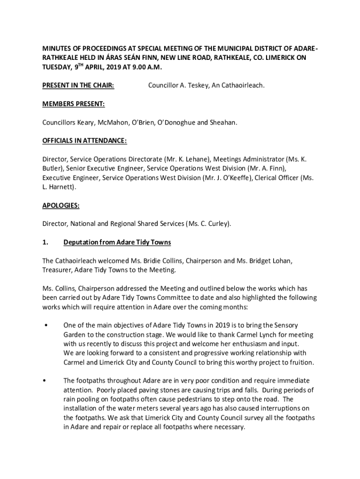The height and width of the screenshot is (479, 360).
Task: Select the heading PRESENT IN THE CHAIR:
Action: pyautogui.click(x=79, y=86)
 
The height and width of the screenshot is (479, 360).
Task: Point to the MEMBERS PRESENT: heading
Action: pyautogui.click(x=73, y=104)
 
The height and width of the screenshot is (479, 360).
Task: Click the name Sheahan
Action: pyautogui.click(x=223, y=122)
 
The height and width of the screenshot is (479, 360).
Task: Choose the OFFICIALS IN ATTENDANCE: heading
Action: pyautogui.click(x=85, y=141)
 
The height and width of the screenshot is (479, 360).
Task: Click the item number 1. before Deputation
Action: pyautogui.click(x=45, y=242)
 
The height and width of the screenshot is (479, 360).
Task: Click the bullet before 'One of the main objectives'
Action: pyautogui.click(x=45, y=325)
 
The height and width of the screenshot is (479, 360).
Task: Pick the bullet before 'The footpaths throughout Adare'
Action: pyautogui.click(x=45, y=381)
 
